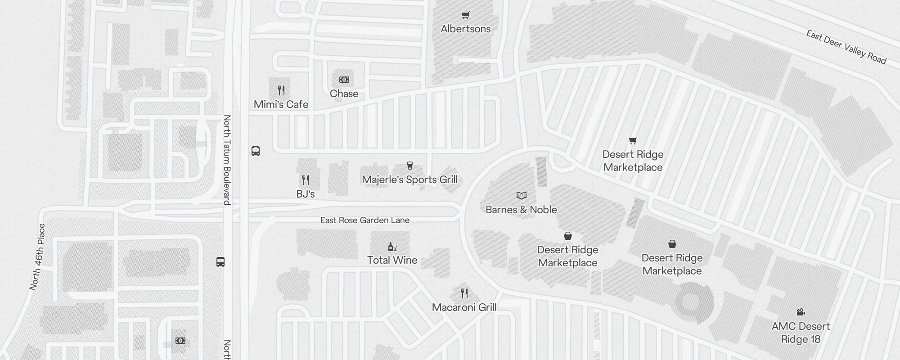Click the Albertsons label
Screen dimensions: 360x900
click(466, 29)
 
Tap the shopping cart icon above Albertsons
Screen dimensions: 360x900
click(466, 16)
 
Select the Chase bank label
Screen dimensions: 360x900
click(344, 94)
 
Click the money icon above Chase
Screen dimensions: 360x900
click(344, 80)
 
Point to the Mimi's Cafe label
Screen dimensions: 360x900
click(281, 104)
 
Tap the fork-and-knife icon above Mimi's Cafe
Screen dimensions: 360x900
click(281, 90)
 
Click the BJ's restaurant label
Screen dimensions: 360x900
click(305, 194)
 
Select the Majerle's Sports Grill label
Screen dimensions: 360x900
click(409, 180)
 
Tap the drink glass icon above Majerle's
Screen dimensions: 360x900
click(409, 166)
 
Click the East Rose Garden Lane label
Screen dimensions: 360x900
click(364, 220)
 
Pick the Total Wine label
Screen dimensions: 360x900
click(392, 260)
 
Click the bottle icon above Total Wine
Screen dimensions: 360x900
click(392, 247)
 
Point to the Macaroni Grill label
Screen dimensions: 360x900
click(464, 307)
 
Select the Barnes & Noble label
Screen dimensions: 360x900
click(521, 210)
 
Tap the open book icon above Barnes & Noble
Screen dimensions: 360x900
click(521, 195)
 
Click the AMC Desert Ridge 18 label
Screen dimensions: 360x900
click(801, 333)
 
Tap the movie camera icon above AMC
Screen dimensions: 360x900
click(801, 312)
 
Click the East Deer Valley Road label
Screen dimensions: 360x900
click(846, 47)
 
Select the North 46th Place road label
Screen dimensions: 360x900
click(38, 257)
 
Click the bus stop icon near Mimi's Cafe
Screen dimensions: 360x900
click(256, 151)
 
